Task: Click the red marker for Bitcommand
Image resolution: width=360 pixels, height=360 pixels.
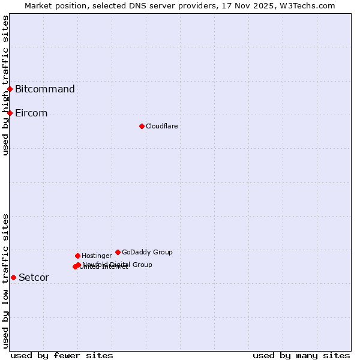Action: coord(10,89)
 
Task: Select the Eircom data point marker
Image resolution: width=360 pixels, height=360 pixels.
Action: coord(10,113)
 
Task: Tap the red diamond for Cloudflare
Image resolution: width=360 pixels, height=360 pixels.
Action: coord(142,126)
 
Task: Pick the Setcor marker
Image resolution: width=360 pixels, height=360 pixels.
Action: coord(13,277)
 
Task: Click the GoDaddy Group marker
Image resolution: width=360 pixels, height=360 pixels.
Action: coord(118,252)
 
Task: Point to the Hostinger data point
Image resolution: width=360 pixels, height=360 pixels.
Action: coord(77,256)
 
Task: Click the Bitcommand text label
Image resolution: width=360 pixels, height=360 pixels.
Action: coord(45,89)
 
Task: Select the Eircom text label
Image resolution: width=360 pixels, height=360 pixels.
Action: coord(31,113)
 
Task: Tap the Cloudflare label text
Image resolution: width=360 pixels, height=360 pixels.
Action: coord(162,126)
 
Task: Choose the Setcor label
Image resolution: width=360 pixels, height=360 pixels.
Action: coord(34,277)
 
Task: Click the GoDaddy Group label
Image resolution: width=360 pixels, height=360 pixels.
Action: coord(147,252)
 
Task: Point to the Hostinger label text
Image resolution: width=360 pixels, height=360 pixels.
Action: coord(97,256)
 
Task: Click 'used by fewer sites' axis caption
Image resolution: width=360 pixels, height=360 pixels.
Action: coord(62,355)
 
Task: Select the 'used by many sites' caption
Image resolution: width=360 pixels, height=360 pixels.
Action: coord(301,355)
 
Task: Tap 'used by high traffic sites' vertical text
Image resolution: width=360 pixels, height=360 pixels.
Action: coord(5,85)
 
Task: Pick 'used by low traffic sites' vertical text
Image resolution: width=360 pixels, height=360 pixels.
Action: coord(5,281)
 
